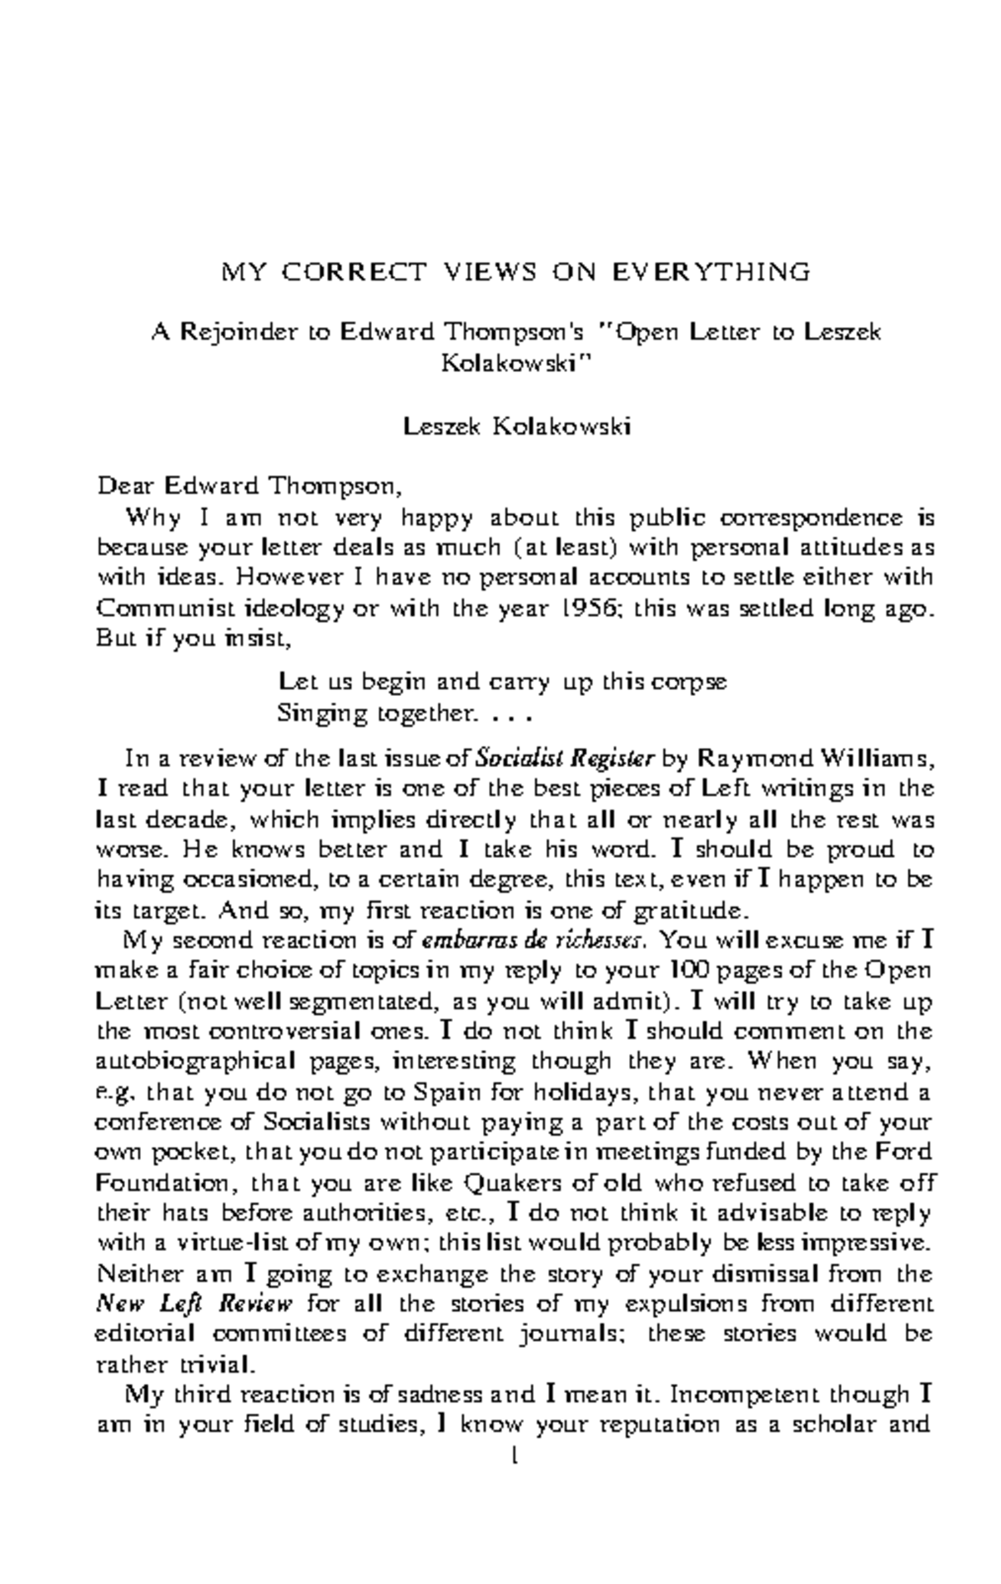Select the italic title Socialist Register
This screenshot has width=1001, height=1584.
pos(564,759)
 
